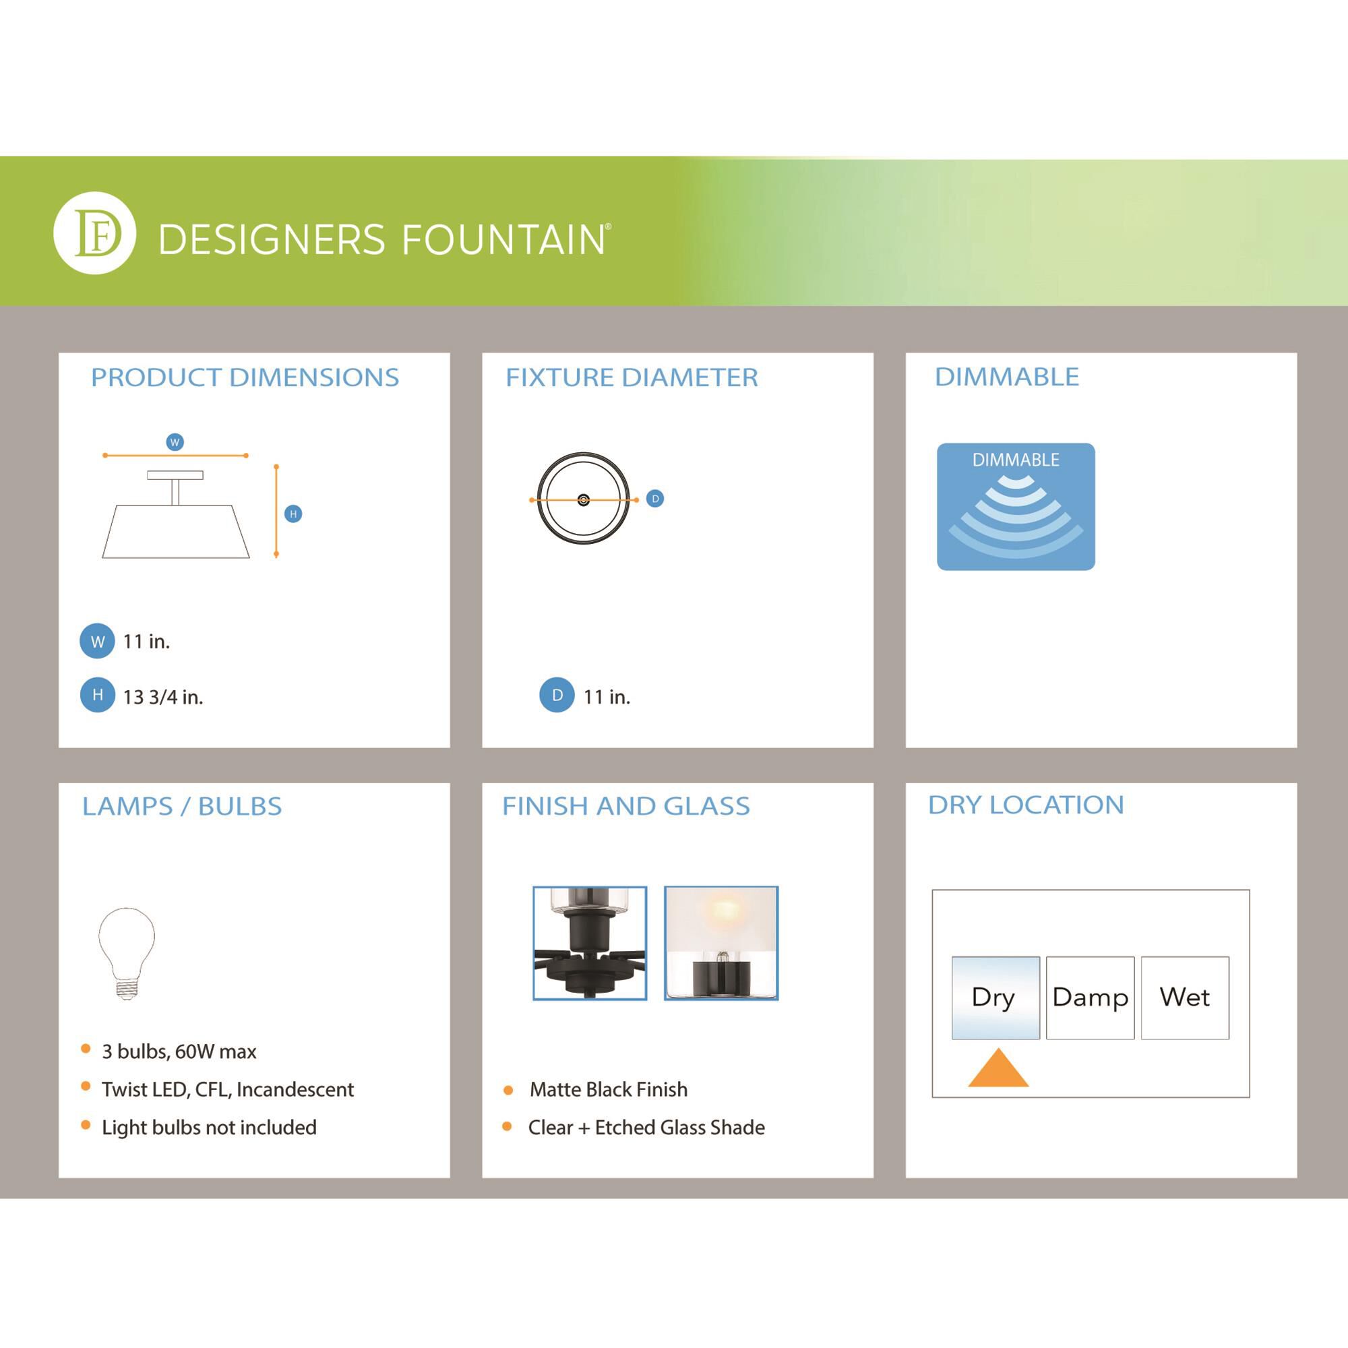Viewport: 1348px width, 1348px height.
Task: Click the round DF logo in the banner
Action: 94,233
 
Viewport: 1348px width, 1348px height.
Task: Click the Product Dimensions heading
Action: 245,377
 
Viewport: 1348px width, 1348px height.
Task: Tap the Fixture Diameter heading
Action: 632,377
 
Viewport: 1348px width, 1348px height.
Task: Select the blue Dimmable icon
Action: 1016,507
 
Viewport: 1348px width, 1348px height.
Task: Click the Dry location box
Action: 995,998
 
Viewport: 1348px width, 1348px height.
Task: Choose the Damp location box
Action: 1090,998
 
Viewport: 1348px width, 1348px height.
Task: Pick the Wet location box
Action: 1185,998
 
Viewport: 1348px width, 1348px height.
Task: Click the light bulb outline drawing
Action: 126,954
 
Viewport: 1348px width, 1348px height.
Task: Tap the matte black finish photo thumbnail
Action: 590,944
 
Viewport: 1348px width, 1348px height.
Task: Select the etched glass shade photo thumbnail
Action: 721,944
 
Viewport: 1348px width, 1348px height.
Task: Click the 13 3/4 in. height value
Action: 163,697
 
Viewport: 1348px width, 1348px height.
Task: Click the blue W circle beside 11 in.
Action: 97,641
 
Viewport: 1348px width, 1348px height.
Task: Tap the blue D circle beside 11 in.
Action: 557,695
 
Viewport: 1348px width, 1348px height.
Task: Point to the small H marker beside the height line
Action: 293,514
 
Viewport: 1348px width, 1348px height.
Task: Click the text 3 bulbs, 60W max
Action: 179,1051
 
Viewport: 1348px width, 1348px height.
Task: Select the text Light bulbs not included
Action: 210,1128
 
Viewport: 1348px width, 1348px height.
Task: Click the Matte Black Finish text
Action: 609,1089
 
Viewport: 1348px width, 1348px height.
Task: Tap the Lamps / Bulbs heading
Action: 182,806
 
